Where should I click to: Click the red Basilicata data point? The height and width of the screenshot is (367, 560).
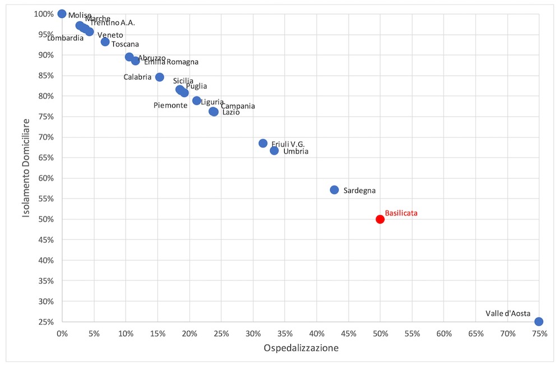click(x=380, y=219)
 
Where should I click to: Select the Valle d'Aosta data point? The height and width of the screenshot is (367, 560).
click(x=539, y=322)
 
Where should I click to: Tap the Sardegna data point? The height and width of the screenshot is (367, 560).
click(x=335, y=190)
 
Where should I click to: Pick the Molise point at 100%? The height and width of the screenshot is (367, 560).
click(x=62, y=14)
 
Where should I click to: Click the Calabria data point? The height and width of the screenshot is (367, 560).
click(x=160, y=77)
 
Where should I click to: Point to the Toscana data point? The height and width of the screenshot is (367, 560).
click(x=105, y=42)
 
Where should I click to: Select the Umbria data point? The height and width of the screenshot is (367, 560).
click(x=274, y=150)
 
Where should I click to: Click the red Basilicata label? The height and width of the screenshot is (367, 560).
click(x=401, y=213)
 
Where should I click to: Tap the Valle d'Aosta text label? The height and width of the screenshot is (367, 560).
click(x=508, y=313)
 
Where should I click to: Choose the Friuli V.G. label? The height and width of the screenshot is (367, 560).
click(x=288, y=144)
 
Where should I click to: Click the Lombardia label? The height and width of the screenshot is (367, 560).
click(x=66, y=38)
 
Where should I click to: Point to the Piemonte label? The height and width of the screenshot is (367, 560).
click(x=170, y=105)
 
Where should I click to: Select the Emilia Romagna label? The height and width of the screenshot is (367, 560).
click(x=171, y=62)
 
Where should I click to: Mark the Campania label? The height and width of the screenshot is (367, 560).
click(x=238, y=106)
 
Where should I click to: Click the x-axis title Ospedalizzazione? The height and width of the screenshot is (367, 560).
click(x=301, y=348)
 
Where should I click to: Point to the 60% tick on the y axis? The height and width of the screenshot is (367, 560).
click(x=45, y=178)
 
